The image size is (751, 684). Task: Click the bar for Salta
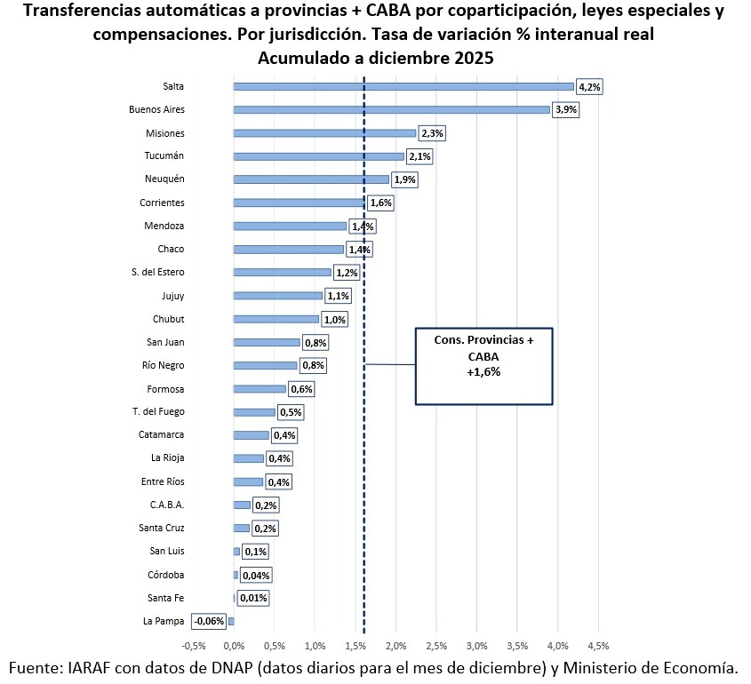403,87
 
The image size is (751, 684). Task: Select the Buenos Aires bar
391,109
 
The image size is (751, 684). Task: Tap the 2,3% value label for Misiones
432,133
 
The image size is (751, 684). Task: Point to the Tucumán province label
164,155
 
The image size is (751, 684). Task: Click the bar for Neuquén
311,179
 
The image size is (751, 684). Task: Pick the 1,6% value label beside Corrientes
380,203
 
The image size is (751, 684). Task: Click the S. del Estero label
158,272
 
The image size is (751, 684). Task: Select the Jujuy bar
278,296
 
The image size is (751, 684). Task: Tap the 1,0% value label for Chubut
335,320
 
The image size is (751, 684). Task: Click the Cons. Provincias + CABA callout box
483,366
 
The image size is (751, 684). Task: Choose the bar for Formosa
260,389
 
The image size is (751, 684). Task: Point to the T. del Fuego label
158,411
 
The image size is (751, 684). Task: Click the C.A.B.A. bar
242,505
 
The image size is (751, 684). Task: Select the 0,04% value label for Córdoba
256,576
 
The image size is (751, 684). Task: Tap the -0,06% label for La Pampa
209,621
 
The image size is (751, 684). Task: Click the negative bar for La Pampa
231,621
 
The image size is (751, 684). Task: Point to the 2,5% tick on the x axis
436,646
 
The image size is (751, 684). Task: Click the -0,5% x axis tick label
194,646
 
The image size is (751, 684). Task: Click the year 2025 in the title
474,58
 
